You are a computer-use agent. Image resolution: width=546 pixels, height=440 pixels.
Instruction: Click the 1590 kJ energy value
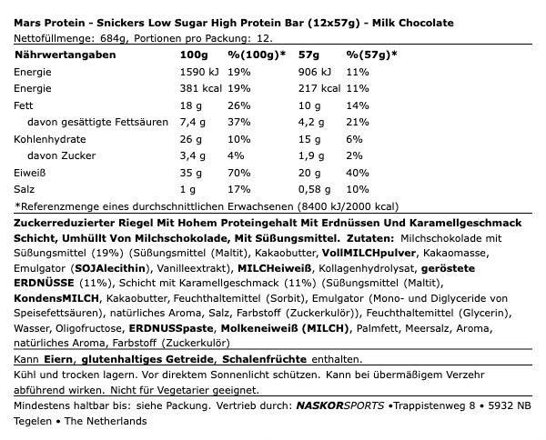tap(200, 72)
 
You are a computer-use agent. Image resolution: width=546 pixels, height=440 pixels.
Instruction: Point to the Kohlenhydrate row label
tap(48, 139)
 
